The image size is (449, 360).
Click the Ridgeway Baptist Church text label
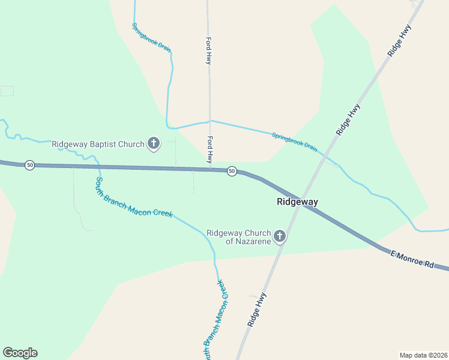98,144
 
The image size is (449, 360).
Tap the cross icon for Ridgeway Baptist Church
154,143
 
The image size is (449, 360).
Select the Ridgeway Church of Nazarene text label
239,237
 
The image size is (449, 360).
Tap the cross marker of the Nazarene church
279,237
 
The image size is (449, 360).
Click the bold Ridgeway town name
297,202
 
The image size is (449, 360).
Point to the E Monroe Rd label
412,259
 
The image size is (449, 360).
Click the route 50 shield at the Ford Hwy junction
232,172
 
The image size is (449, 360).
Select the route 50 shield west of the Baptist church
29,165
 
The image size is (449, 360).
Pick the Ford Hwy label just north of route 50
209,149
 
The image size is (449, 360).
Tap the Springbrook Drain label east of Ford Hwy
294,142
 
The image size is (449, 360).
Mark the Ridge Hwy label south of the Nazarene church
256,310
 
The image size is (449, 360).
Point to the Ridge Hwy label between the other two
348,119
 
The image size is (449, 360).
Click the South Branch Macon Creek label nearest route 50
134,197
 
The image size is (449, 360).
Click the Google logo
20,353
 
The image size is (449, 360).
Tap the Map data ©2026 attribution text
423,355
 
